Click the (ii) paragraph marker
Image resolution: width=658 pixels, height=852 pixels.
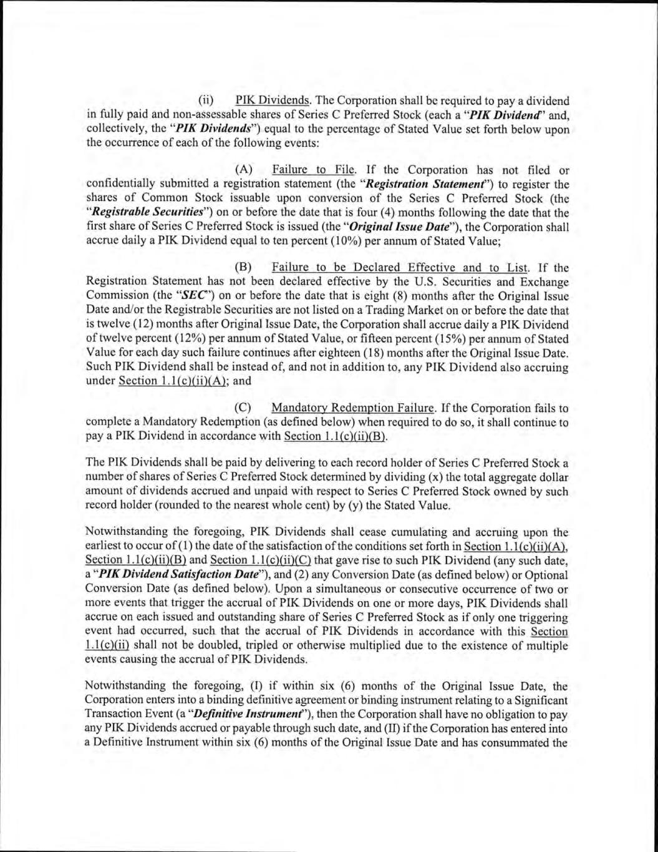tap(206, 101)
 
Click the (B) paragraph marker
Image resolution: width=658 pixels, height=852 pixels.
tap(244, 268)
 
